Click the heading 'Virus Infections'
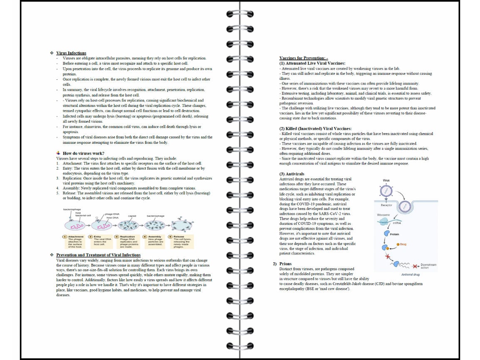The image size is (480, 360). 71,53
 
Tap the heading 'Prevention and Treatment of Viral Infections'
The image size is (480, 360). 98,255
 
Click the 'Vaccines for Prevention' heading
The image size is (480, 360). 304,58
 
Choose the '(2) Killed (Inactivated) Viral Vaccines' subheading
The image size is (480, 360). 315,128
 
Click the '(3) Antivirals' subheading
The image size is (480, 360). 292,174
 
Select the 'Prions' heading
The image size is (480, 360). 285,264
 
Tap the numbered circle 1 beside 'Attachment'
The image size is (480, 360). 65,237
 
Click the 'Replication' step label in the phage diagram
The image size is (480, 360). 127,237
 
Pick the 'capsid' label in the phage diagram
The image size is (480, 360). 132,216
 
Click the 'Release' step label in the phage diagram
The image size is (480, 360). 179,237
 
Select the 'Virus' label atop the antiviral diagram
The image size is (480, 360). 386,180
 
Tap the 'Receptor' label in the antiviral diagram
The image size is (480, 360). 386,205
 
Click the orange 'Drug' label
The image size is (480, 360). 403,244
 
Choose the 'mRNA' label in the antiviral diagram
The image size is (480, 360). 397,223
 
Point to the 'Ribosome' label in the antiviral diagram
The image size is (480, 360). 384,215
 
